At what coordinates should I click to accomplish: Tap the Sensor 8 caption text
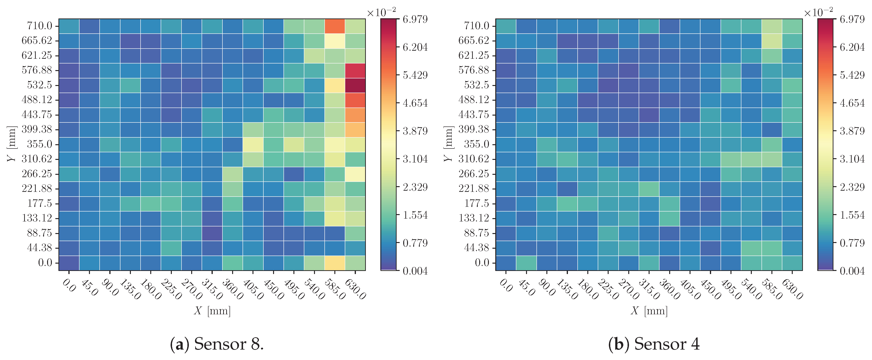pyautogui.click(x=217, y=344)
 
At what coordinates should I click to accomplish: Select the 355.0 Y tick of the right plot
pyautogui.click(x=476, y=144)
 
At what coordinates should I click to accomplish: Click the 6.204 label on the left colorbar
pyautogui.click(x=415, y=47)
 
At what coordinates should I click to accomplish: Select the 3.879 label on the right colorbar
pyautogui.click(x=852, y=131)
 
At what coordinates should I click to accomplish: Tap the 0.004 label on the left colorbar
pyautogui.click(x=415, y=271)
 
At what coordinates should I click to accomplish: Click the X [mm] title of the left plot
pyautogui.click(x=212, y=310)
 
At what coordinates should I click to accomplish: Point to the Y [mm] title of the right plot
pyautogui.click(x=448, y=144)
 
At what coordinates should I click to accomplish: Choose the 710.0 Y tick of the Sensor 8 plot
pyautogui.click(x=40, y=26)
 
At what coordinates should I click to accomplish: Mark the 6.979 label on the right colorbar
pyautogui.click(x=852, y=19)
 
